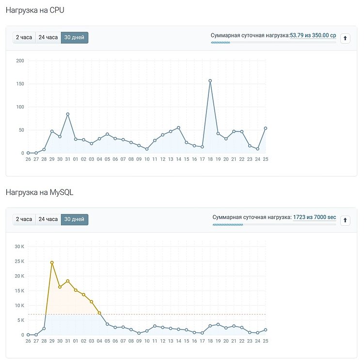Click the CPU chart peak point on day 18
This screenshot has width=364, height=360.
point(210,81)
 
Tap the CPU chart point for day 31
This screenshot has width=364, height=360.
point(68,114)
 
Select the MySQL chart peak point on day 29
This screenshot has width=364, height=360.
point(52,263)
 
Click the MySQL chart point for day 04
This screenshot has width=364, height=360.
point(99,313)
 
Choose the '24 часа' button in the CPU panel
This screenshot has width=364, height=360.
point(48,37)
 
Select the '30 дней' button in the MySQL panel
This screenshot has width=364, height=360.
point(75,219)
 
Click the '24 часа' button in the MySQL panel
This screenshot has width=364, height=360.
point(48,219)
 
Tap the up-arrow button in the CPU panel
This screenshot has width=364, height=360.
point(345,38)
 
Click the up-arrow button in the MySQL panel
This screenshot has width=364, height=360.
point(345,220)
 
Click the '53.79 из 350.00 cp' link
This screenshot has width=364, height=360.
point(313,35)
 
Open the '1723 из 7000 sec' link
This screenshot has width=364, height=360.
point(314,218)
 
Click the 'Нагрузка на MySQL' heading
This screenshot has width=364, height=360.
point(40,192)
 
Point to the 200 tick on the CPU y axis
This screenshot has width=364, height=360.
point(20,61)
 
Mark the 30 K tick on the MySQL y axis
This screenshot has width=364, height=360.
point(19,247)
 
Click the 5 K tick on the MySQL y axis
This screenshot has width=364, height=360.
point(20,320)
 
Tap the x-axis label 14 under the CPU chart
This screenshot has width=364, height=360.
point(178,159)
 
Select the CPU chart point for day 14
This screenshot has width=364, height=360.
point(178,127)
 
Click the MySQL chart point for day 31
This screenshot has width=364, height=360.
point(68,281)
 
